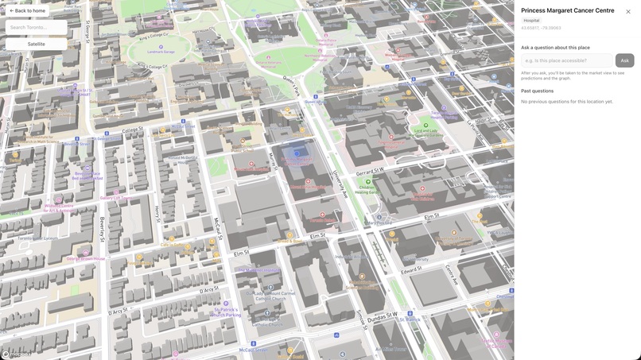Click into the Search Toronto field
click(36, 27)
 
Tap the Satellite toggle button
click(36, 44)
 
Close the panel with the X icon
click(627, 12)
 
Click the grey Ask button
click(624, 60)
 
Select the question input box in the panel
click(566, 60)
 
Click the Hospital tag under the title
click(531, 21)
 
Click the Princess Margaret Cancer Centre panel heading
click(567, 10)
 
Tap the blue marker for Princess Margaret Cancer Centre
click(297, 153)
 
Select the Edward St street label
click(411, 270)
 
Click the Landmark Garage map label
click(161, 52)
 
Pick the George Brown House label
click(86, 258)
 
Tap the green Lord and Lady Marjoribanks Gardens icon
click(425, 126)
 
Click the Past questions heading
click(537, 91)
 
